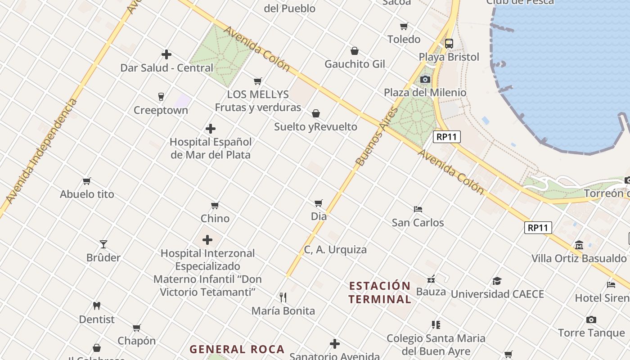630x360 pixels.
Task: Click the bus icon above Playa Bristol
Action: click(449, 44)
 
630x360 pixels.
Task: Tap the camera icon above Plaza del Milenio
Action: click(425, 80)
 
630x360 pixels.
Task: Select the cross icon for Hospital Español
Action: click(210, 129)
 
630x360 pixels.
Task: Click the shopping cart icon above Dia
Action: click(319, 203)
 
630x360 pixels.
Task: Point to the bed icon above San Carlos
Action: click(418, 209)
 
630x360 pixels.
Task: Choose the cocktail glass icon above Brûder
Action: click(103, 244)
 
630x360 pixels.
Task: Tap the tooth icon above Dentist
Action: click(96, 306)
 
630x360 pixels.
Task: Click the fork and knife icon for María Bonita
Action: click(283, 297)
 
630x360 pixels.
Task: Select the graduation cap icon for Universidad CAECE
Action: click(497, 281)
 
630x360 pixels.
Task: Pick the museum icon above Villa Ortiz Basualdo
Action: click(579, 245)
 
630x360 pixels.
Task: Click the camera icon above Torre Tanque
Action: click(591, 320)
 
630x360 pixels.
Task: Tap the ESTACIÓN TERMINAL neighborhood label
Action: click(380, 292)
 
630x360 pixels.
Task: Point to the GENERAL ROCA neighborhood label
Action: click(237, 349)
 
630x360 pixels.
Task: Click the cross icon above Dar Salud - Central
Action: click(166, 54)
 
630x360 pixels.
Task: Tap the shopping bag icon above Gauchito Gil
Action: click(355, 51)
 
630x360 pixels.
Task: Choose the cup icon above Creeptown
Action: click(161, 97)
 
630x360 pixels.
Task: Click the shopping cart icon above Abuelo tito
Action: click(87, 181)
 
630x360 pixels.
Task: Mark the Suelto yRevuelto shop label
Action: click(315, 127)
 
